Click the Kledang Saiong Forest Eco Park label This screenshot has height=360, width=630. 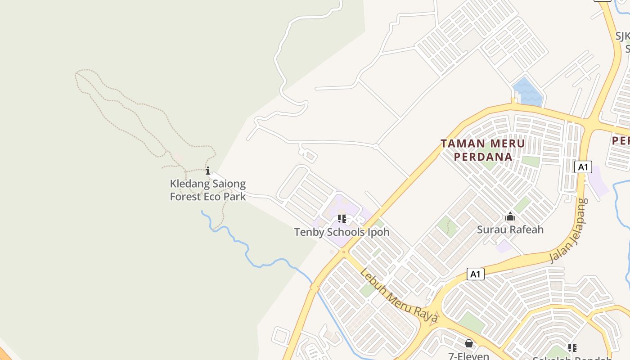(207, 190)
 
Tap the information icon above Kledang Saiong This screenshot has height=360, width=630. (208, 171)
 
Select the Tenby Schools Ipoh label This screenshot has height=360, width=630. (342, 232)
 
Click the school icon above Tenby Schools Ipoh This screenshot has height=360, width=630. (342, 219)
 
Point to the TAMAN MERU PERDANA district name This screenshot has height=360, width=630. (483, 150)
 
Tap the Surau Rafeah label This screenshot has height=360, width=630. (510, 229)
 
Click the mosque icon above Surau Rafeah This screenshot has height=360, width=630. (510, 217)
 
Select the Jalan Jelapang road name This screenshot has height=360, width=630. (569, 231)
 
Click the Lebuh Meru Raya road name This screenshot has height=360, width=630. (399, 296)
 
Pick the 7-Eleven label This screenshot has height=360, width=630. (469, 356)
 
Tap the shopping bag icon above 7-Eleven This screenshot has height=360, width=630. (469, 344)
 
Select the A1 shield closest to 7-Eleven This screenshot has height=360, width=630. (475, 274)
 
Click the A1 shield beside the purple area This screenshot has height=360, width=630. (583, 167)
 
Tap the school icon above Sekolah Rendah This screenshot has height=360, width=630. (572, 347)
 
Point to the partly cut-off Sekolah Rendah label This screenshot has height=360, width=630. (571, 358)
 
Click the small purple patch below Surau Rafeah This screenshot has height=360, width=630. (504, 246)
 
